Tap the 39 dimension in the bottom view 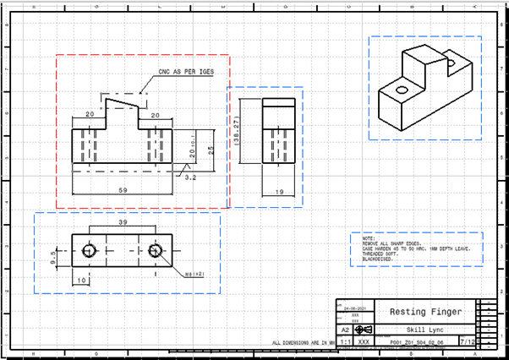(x=122, y=222)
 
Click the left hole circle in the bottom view (x=88, y=251)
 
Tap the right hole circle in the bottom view (x=154, y=251)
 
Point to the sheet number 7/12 (x=490, y=342)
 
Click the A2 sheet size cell (x=343, y=330)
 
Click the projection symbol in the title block (x=362, y=330)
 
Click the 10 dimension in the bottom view (x=81, y=280)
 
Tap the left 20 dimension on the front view (x=89, y=114)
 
